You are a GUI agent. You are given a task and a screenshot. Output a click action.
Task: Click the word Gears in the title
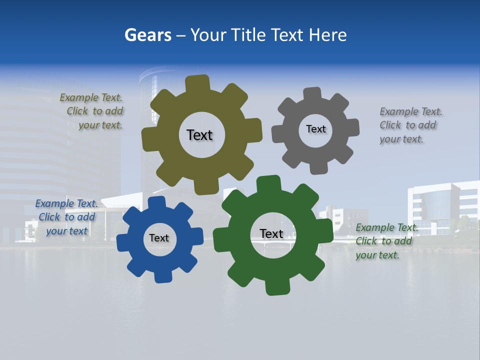147,35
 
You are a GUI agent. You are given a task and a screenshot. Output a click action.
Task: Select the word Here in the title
327,35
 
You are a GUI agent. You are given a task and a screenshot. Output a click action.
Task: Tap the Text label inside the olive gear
199,135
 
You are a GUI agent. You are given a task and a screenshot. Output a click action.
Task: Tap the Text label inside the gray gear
315,129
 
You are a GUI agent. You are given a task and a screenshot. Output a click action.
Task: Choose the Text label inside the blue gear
159,238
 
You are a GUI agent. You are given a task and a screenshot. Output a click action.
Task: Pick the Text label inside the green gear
271,233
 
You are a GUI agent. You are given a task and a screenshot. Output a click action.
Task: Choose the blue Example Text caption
67,217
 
